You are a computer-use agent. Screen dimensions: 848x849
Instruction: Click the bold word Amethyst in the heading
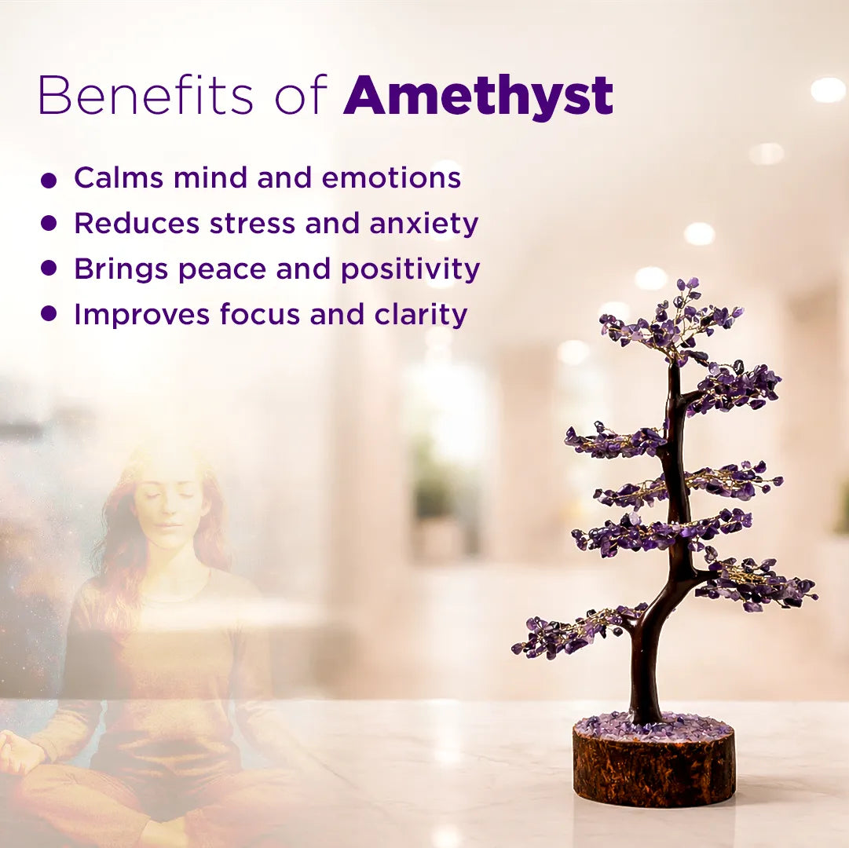[478, 97]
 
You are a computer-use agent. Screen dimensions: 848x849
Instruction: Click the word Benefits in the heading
[145, 97]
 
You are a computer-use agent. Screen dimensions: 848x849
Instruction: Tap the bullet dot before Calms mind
[49, 181]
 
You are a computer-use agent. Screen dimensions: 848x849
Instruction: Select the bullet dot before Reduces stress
[49, 224]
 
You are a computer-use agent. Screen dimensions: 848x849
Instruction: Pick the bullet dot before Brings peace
[49, 269]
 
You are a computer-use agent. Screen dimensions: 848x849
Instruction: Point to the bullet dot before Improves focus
[49, 314]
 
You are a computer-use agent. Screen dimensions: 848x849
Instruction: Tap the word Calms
[119, 178]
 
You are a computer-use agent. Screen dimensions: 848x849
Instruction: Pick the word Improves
[141, 315]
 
